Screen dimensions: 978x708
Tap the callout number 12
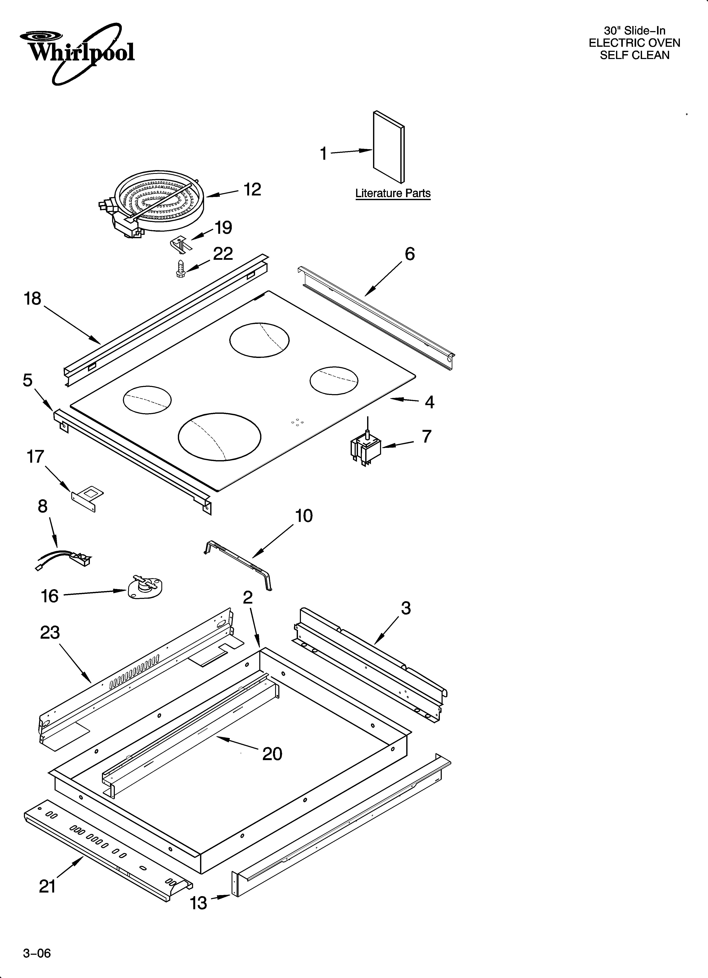point(252,190)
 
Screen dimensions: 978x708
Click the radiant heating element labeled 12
point(153,203)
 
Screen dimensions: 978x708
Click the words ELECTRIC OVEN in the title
point(634,43)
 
